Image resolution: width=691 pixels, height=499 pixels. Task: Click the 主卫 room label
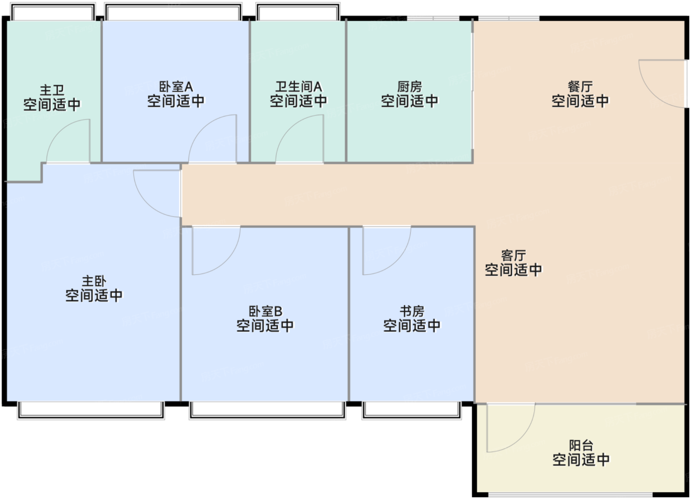click(52, 90)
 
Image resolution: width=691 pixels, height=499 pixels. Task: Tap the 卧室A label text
click(176, 87)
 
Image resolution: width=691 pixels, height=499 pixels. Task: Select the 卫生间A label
click(299, 87)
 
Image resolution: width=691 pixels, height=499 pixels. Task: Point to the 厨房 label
click(409, 87)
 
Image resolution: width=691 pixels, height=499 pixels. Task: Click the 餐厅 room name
click(580, 87)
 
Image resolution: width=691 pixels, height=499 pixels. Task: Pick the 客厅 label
click(514, 255)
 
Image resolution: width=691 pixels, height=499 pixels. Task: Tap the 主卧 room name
click(94, 281)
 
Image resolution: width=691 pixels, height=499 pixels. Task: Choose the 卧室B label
click(266, 311)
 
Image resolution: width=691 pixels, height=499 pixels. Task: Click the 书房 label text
click(412, 311)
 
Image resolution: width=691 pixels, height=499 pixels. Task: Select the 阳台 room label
click(581, 445)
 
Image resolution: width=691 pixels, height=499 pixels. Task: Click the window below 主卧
click(91, 410)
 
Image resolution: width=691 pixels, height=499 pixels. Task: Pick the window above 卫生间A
click(298, 11)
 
